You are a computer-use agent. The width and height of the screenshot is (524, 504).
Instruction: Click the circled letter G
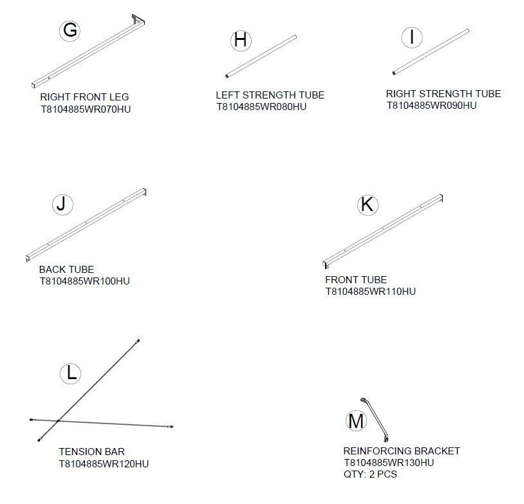coord(70,31)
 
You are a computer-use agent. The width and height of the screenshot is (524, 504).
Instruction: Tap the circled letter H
coord(241,41)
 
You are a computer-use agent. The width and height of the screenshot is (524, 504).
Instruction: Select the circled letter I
coord(412,37)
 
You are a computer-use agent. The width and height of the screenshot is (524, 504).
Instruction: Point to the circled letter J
coord(62,205)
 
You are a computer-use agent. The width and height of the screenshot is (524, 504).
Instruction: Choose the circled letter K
coord(368,205)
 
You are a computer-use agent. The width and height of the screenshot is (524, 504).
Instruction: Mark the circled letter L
coord(71,373)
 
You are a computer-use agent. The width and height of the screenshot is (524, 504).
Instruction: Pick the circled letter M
coord(356,421)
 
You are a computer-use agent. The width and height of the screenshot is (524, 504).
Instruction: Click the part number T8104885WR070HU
coord(86,109)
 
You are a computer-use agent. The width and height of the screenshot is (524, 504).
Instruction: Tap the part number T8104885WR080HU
coord(261,107)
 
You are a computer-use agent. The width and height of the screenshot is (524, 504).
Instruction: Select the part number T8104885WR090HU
coord(431,106)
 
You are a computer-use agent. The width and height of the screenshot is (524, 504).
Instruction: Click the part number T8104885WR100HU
coord(84,281)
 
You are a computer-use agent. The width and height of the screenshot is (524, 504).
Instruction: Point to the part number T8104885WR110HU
coord(371,292)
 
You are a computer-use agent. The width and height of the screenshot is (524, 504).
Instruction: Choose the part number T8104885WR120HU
coord(104,464)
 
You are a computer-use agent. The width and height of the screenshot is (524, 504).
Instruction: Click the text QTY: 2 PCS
coord(370,474)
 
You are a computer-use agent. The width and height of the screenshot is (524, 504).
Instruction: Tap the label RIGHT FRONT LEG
coord(84,97)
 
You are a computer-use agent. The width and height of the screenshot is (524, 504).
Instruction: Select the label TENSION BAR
coord(91,452)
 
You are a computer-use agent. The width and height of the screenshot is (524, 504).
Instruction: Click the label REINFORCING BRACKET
coord(402,451)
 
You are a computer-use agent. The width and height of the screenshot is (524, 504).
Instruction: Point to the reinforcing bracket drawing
coord(375,419)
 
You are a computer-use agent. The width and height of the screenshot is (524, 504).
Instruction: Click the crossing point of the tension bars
coord(58,421)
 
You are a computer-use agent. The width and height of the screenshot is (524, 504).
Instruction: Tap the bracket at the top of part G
coord(138,20)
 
